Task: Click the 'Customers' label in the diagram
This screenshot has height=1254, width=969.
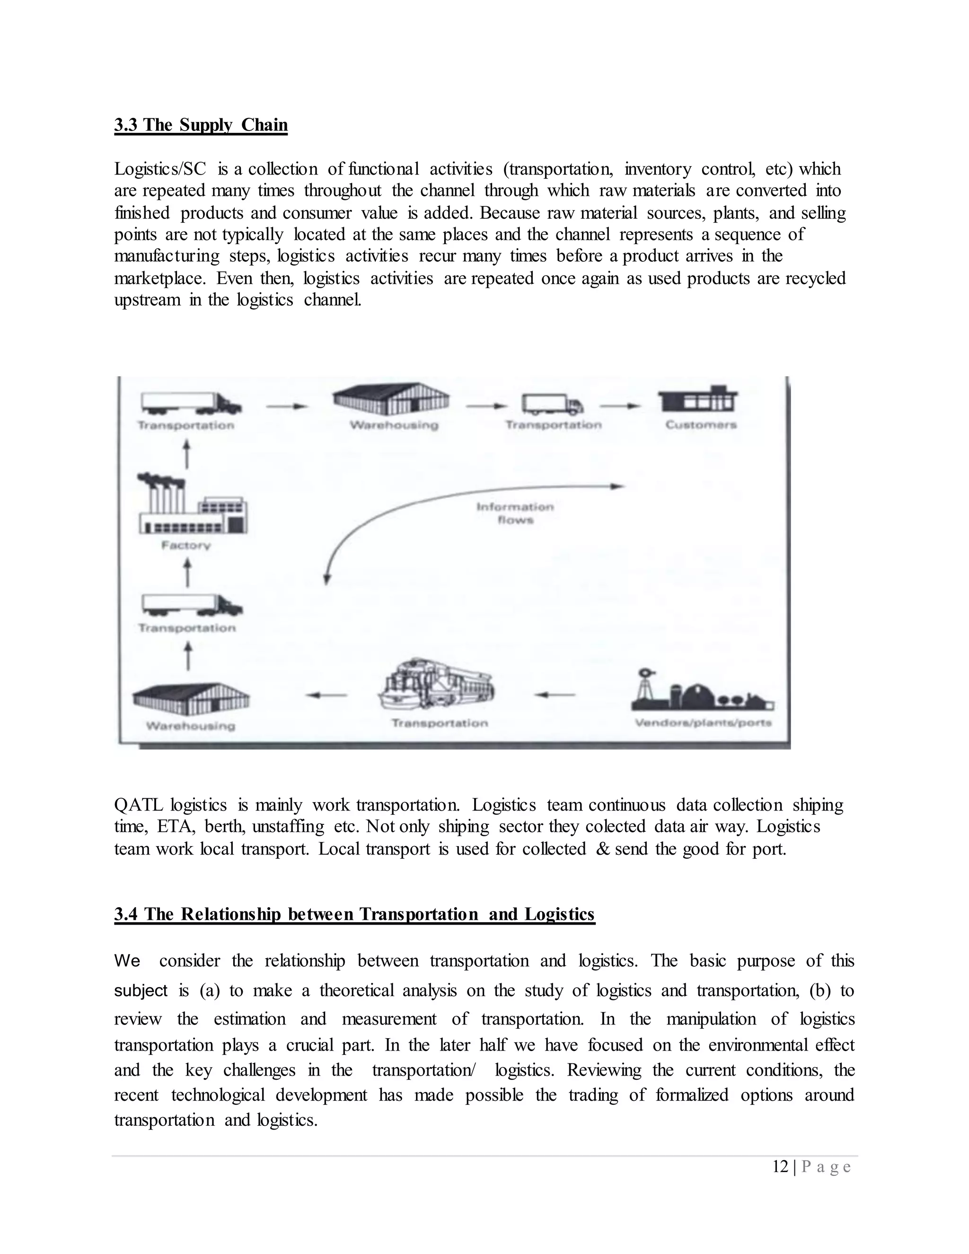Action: (701, 425)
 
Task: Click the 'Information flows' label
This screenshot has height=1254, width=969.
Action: (515, 513)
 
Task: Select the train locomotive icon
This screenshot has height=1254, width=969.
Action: (436, 686)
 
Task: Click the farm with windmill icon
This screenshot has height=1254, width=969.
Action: (702, 691)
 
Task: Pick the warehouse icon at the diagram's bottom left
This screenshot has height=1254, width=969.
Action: (191, 699)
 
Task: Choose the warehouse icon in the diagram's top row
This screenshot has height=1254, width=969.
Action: (391, 399)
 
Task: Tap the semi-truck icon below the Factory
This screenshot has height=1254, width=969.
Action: (192, 605)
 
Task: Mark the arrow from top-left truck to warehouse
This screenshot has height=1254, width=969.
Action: (287, 406)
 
